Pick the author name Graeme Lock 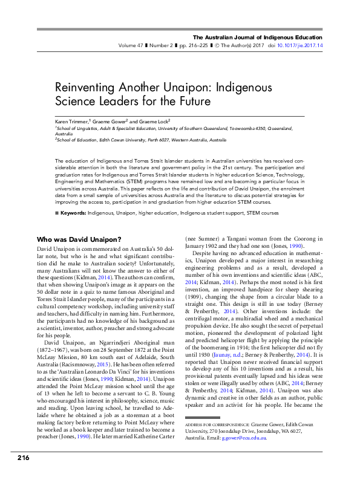[156, 121]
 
